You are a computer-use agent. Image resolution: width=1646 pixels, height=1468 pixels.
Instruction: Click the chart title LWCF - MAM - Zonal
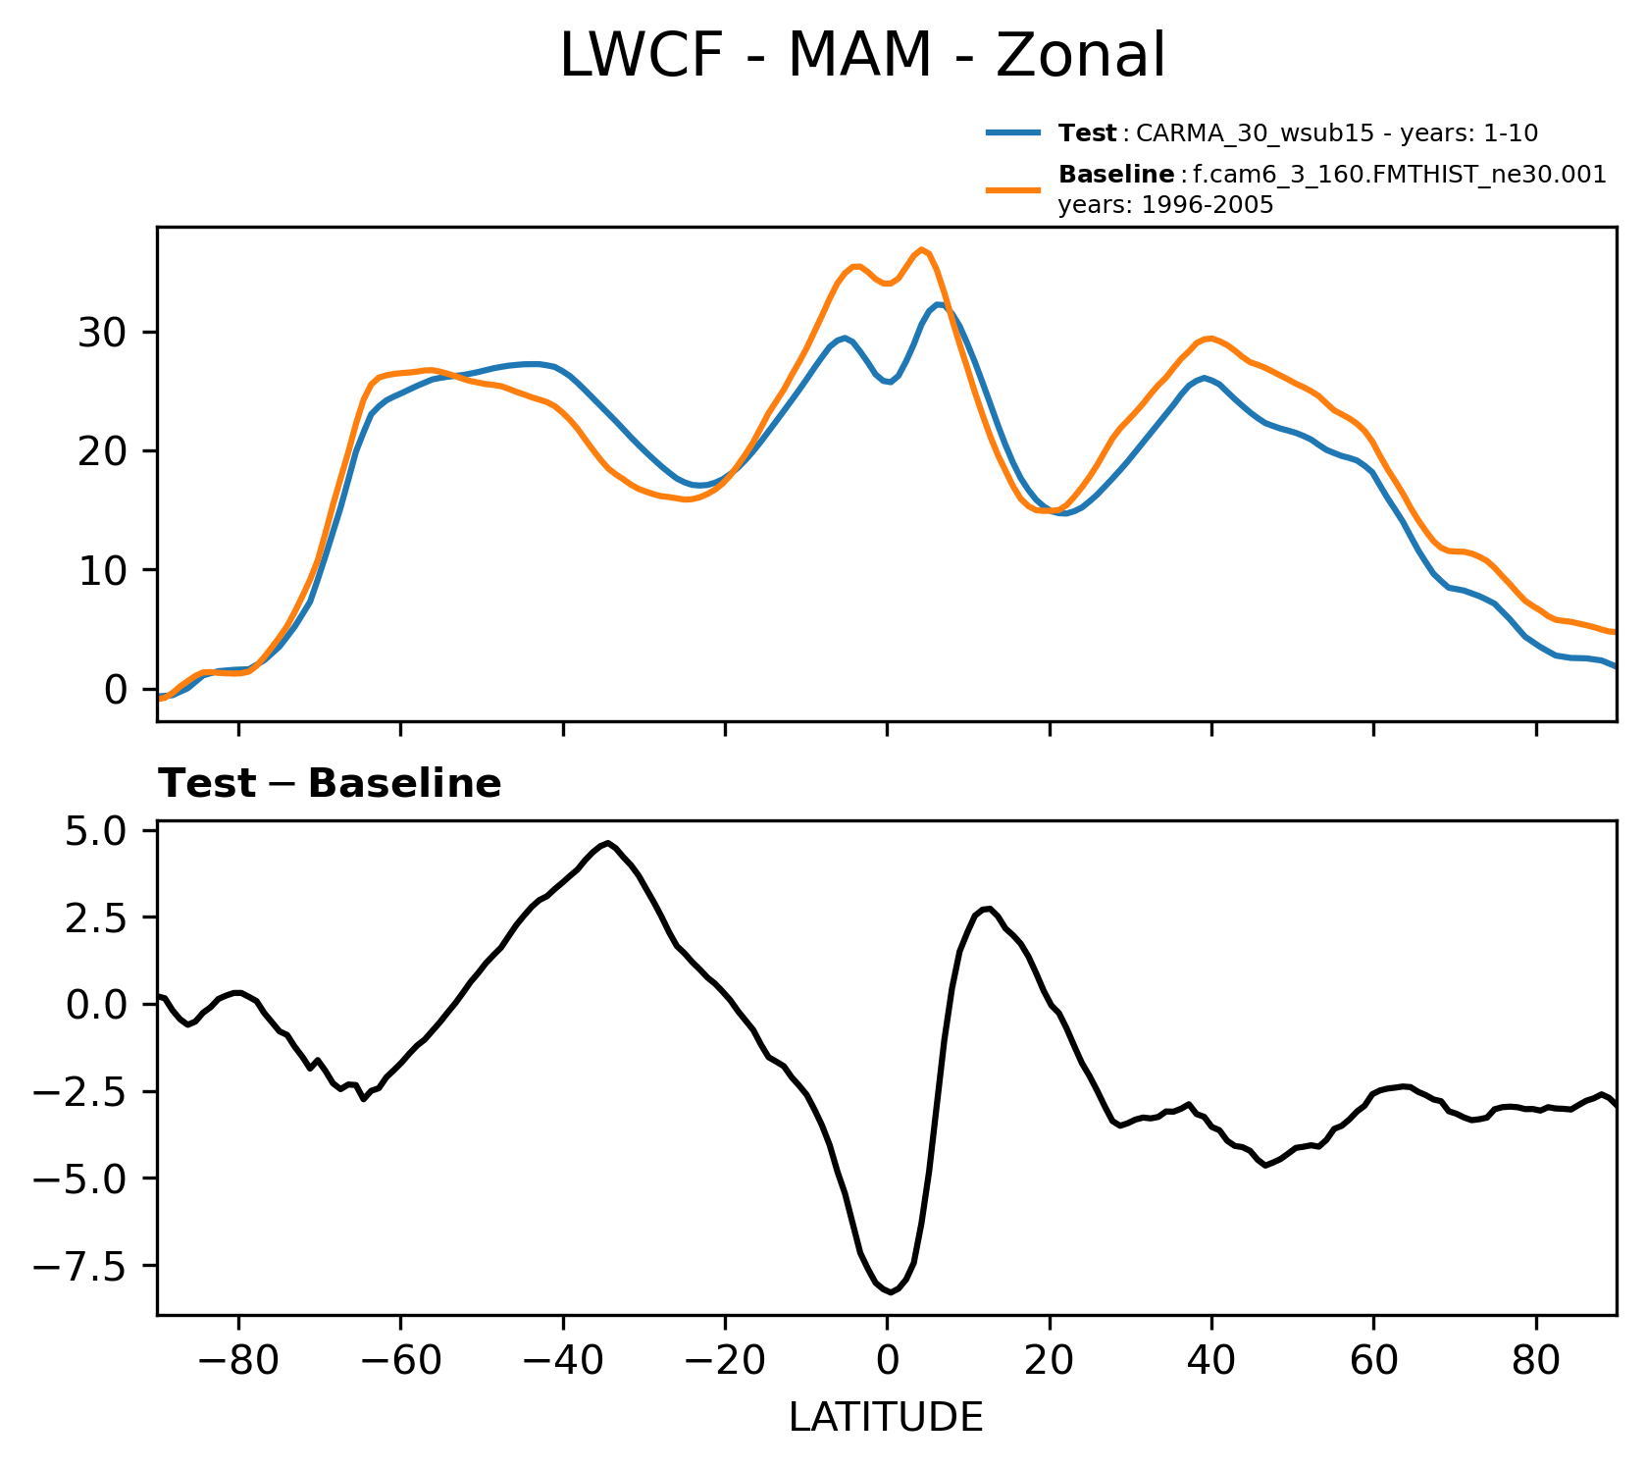862,56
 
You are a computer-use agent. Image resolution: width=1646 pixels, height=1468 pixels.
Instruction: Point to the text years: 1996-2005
1165,206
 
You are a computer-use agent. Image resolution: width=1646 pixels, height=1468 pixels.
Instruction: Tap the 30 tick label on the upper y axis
102,334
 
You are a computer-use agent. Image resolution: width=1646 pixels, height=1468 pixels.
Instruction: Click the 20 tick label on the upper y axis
102,452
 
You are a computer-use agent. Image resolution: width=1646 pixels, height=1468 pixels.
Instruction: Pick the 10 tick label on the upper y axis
102,571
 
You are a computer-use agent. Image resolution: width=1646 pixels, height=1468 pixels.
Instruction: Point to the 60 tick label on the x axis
1373,1362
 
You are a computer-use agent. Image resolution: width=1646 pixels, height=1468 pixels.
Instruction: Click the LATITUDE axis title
886,1418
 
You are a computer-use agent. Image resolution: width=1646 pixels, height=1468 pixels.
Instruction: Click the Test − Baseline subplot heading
330,785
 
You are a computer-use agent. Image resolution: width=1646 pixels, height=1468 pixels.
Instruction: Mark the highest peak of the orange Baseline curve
921,249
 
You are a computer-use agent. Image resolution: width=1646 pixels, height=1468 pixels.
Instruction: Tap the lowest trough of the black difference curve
890,1292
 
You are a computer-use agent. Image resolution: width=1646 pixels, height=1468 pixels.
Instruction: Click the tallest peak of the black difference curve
608,843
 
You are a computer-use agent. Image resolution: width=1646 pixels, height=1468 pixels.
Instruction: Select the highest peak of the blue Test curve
939,305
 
